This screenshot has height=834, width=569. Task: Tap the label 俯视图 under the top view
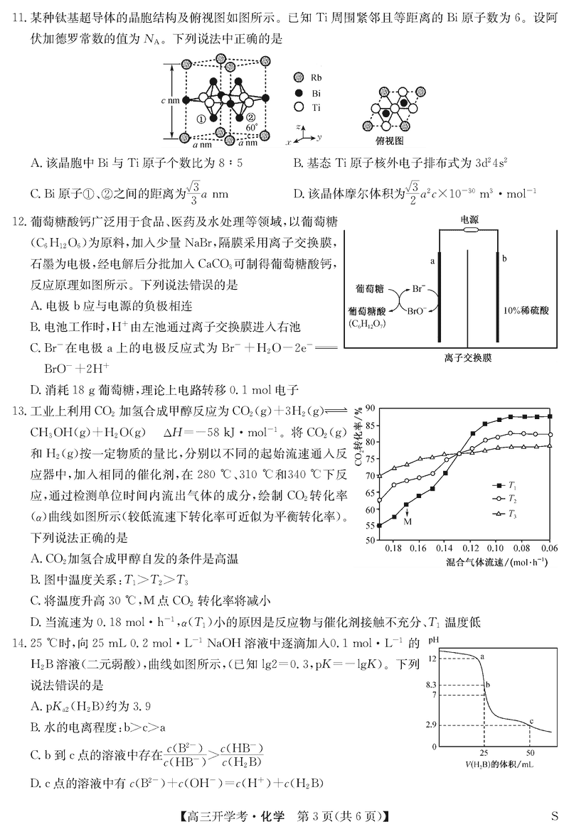(390, 141)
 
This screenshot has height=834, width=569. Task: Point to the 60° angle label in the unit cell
(252, 127)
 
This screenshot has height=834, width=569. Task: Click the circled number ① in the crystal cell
(201, 119)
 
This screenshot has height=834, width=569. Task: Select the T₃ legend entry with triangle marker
(506, 513)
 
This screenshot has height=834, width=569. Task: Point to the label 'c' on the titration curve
(531, 722)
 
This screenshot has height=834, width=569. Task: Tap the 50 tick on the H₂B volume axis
(530, 752)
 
